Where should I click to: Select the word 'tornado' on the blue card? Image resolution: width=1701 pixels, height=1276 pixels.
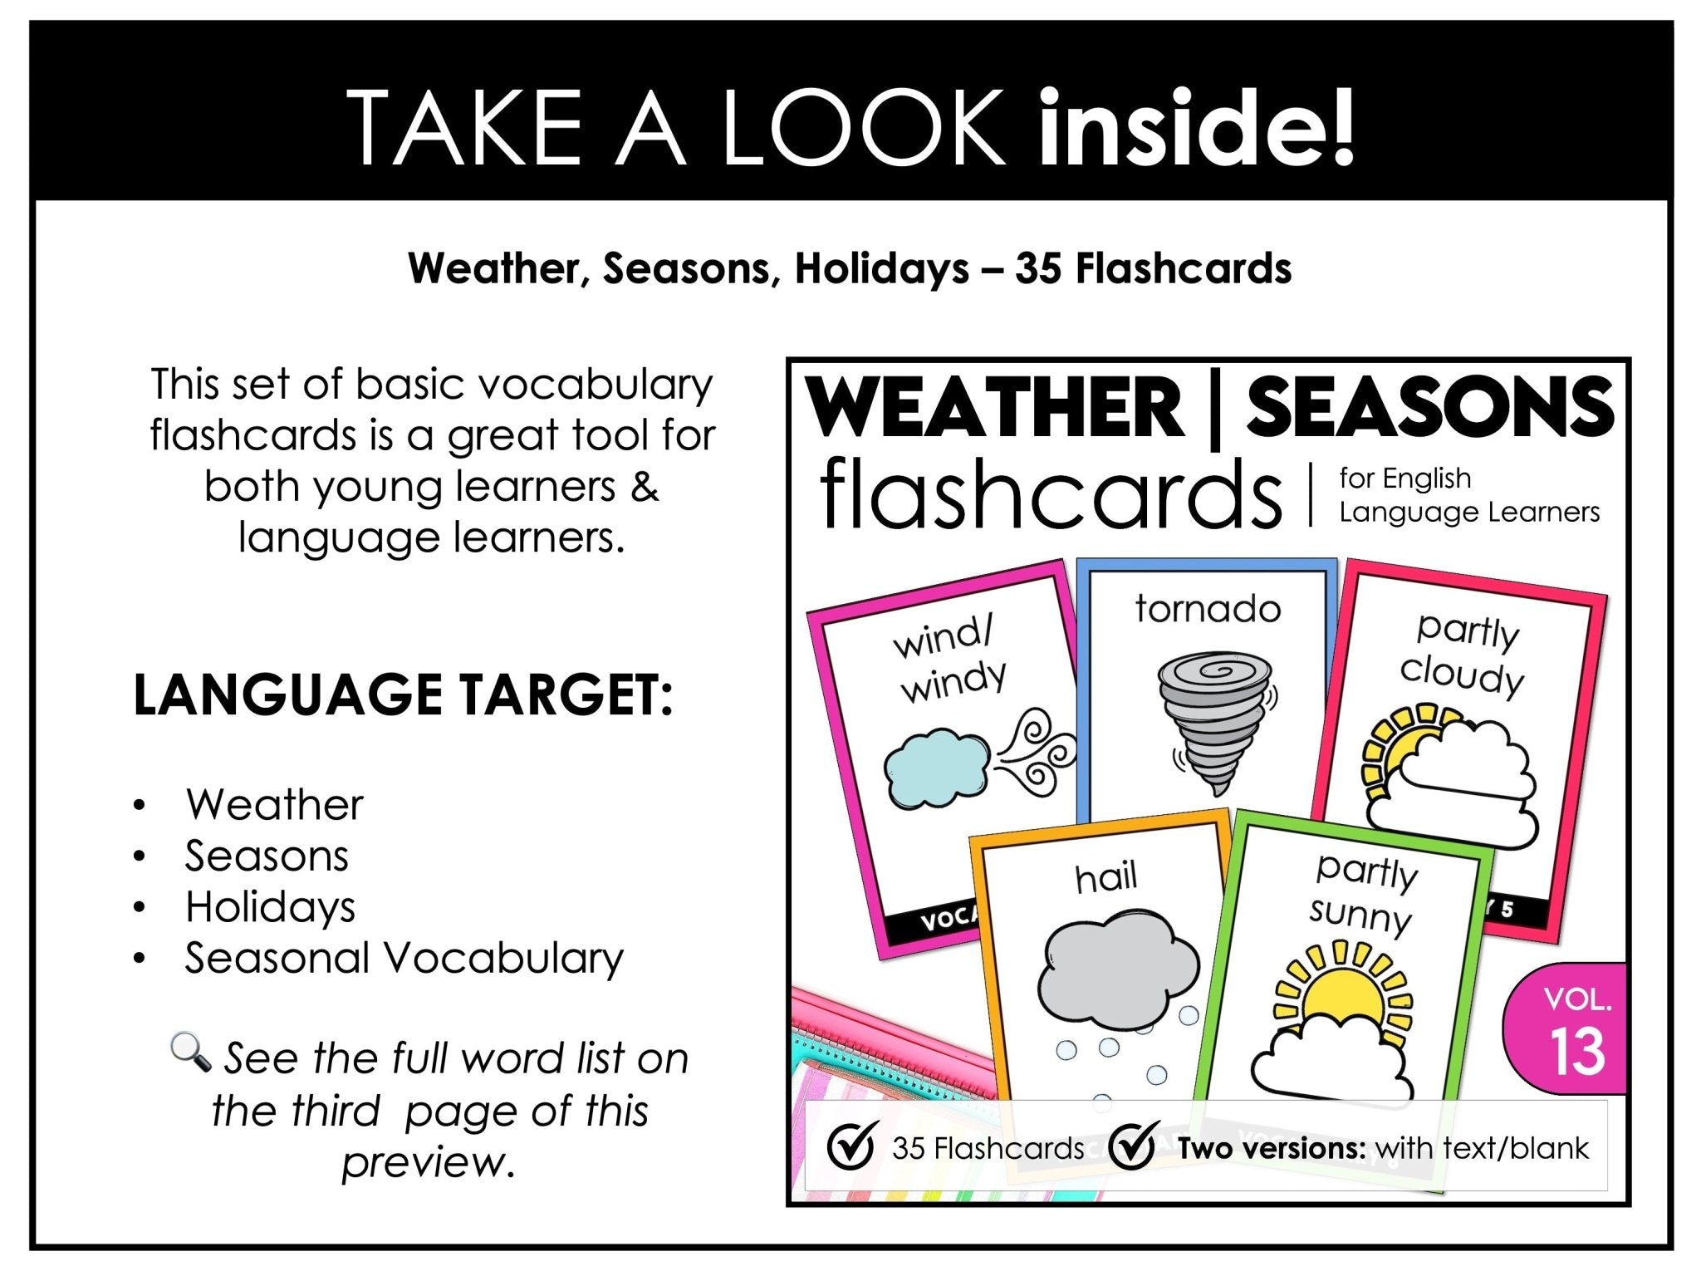[1208, 610]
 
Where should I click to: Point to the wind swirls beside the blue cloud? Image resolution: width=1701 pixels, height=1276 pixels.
[1038, 753]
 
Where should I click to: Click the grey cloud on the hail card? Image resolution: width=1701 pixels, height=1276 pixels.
[1118, 969]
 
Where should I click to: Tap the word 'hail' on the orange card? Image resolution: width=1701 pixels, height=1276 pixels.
[1105, 878]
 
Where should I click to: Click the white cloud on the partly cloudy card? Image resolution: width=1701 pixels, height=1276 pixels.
[1462, 784]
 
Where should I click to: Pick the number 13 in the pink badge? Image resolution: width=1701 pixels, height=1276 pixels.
[1577, 1053]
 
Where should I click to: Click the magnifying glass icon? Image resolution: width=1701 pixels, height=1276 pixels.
[191, 1053]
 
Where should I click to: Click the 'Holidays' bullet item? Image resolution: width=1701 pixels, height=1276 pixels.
[270, 906]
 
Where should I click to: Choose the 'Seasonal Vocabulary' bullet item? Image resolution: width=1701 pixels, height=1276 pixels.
[404, 958]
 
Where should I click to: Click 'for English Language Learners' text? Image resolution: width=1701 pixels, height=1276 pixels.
[1468, 495]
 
